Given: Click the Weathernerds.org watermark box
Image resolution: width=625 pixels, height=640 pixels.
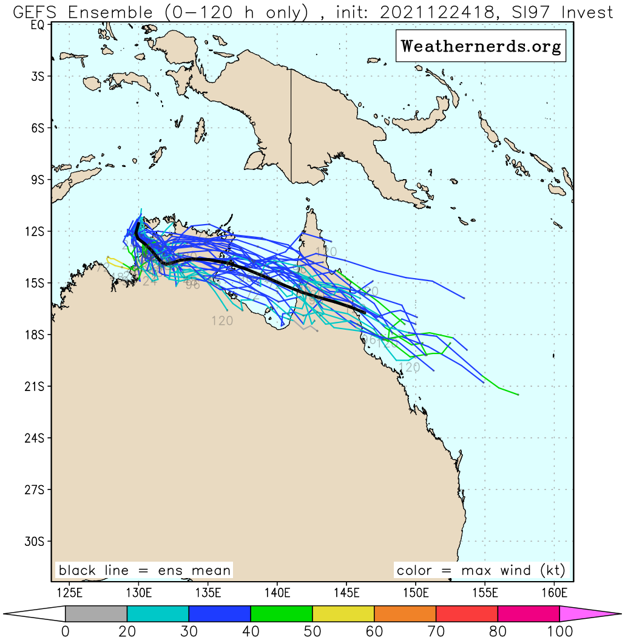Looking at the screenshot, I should click(x=481, y=46).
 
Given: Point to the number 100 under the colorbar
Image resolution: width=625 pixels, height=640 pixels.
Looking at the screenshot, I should click(x=559, y=631).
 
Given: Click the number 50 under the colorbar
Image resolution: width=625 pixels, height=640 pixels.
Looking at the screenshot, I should click(x=312, y=631).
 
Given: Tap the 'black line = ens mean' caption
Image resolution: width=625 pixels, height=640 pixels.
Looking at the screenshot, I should click(x=144, y=571).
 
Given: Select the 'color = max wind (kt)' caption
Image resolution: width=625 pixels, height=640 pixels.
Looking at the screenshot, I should click(x=481, y=571).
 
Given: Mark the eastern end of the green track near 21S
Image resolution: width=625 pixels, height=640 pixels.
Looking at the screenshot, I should click(x=518, y=395).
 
